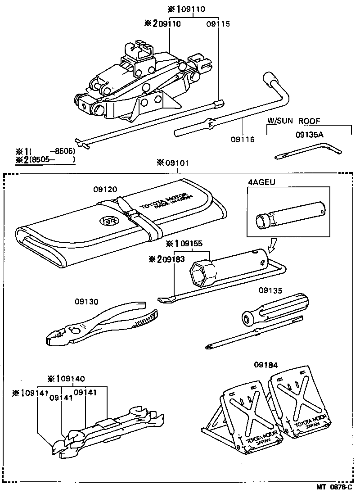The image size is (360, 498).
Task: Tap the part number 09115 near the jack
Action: pos(218,24)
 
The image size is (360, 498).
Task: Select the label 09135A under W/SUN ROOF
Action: pos(310,134)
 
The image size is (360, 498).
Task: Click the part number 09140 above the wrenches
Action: pos(72,379)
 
